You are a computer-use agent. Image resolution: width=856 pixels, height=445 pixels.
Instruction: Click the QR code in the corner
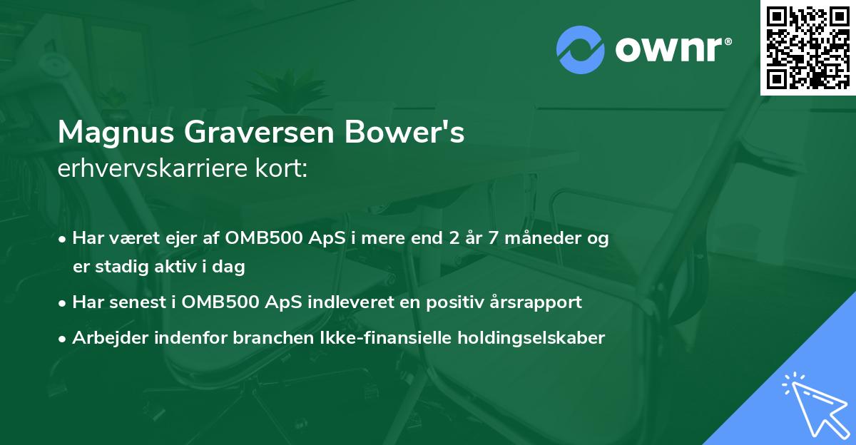808,48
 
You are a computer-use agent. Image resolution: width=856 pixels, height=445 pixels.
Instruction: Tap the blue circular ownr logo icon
580,50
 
